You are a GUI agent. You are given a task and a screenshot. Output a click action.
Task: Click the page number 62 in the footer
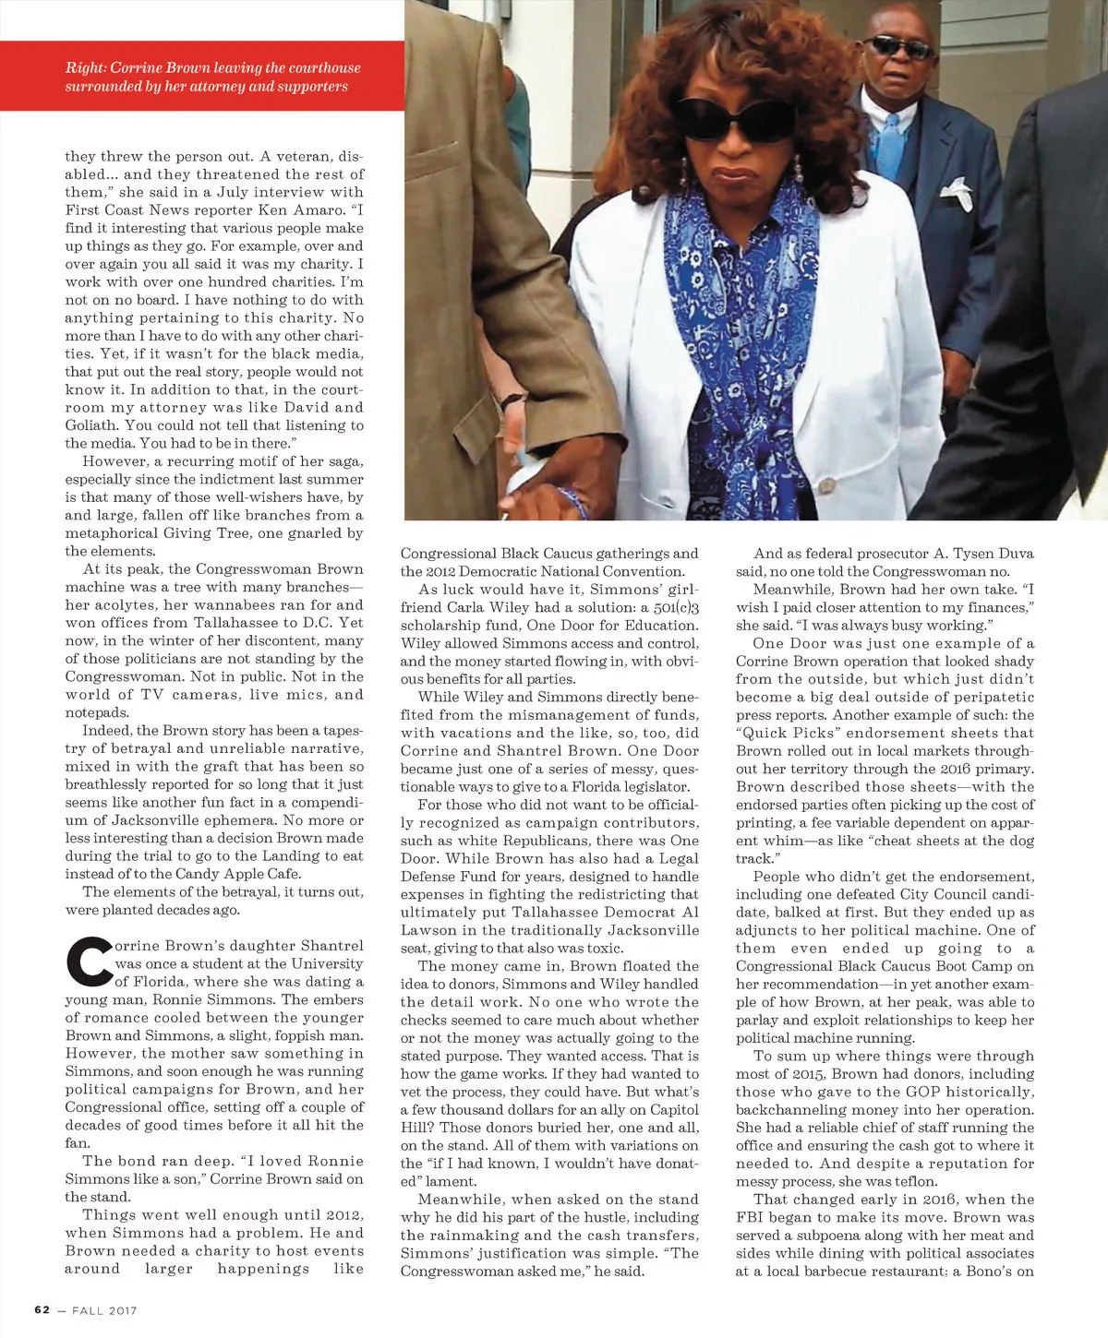click(42, 1309)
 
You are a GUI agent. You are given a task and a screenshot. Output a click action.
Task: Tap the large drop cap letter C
click(88, 961)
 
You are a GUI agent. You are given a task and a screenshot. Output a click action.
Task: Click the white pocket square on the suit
click(957, 189)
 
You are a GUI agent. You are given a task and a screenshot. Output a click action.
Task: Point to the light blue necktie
click(888, 147)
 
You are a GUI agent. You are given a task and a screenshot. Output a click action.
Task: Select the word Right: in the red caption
click(85, 68)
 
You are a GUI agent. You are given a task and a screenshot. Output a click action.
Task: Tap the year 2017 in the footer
click(120, 1309)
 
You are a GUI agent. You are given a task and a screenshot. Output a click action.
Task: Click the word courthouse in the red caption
click(316, 68)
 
